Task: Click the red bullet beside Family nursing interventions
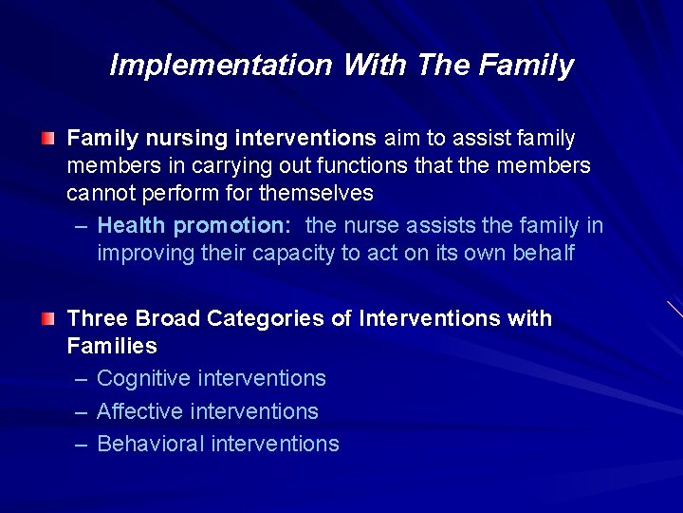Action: coord(47,140)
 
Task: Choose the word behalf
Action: coord(542,255)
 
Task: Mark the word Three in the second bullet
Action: coord(99,318)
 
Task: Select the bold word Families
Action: coord(112,346)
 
